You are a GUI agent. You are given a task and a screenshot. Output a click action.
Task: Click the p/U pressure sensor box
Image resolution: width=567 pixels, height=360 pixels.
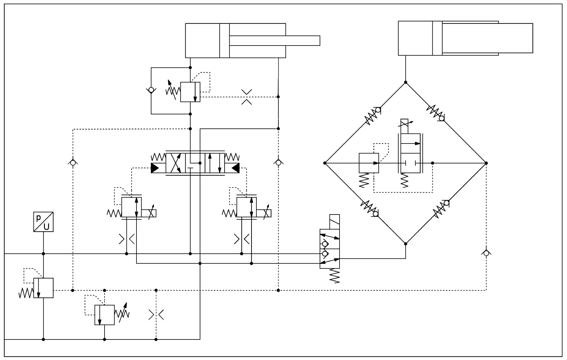pos(43,222)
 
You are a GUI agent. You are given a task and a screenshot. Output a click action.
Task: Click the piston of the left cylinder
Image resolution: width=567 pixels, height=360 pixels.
pos(224,40)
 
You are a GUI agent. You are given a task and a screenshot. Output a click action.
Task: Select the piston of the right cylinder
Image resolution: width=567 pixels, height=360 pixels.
pos(437,38)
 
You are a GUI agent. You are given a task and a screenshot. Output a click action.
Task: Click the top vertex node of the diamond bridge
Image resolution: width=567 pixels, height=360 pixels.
pos(406,82)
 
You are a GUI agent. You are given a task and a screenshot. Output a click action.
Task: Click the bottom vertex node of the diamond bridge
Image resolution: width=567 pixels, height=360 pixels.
pos(406,244)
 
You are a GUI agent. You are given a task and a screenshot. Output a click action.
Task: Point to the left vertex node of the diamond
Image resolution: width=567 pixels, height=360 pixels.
pos(325,163)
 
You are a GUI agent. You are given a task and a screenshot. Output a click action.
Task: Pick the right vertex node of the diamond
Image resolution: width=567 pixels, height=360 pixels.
pos(486,163)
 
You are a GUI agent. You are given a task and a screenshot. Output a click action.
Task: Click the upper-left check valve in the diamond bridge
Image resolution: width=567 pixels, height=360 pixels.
pos(374,115)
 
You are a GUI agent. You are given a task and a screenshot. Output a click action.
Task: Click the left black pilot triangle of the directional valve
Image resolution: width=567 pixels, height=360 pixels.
pos(155,168)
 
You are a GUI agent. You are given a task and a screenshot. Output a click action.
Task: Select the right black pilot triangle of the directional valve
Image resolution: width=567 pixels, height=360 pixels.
pos(235,168)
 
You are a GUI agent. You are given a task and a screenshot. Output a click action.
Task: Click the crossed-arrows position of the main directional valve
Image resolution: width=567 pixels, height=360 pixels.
pos(175,163)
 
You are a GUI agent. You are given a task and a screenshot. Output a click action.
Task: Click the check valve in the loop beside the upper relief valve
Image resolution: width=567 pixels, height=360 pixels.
pos(151,90)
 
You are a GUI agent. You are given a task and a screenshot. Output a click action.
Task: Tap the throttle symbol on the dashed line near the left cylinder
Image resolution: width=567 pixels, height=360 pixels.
pos(247,97)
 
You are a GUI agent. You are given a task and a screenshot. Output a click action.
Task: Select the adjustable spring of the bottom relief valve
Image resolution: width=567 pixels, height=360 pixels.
pos(122,314)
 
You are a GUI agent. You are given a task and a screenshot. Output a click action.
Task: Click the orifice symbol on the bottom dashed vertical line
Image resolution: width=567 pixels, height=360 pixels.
pos(156,315)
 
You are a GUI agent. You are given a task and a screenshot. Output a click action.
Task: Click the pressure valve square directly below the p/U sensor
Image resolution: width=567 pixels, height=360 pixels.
pos(43,288)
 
